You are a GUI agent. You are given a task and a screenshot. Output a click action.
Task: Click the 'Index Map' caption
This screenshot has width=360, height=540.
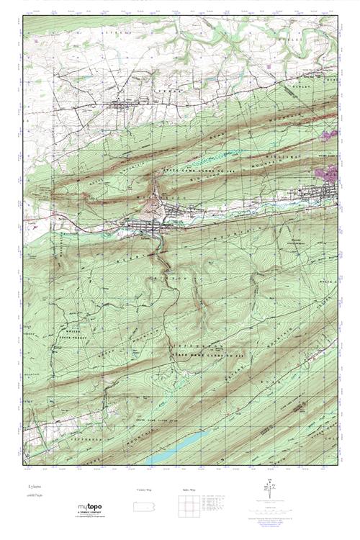(x=189, y=490)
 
